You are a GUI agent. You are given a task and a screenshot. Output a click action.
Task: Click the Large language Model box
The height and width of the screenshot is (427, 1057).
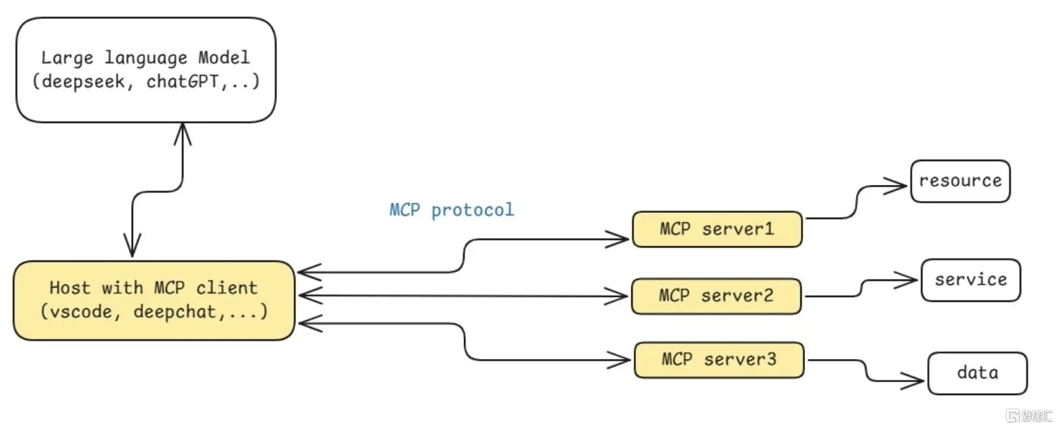tap(146, 70)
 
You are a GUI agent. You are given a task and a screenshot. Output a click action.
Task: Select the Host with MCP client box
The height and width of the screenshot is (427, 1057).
tap(154, 301)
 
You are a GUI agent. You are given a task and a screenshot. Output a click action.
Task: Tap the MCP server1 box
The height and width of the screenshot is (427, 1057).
tap(717, 229)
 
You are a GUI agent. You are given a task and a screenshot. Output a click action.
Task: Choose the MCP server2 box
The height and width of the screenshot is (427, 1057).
tap(716, 296)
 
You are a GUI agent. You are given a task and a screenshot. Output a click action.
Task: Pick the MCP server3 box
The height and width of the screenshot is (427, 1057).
tap(719, 360)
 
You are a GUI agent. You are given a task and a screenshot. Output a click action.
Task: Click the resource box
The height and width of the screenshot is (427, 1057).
tap(961, 182)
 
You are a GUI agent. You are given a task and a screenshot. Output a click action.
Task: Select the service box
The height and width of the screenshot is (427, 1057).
tap(971, 280)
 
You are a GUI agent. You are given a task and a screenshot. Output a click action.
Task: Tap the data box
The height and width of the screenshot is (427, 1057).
tap(978, 373)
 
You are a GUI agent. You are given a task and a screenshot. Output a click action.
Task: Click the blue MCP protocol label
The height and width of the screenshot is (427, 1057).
tap(452, 209)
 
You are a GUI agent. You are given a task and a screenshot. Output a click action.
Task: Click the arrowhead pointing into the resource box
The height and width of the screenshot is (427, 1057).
tap(895, 186)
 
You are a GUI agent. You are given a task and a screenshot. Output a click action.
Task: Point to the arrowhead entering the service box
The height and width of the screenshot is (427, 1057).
tap(906, 279)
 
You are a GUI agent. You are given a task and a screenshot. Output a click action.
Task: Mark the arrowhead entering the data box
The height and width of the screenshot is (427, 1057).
tap(912, 380)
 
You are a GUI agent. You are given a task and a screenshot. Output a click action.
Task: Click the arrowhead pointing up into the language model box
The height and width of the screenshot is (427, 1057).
tap(183, 134)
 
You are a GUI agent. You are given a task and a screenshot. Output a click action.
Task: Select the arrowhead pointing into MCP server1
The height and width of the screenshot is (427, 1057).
tap(617, 239)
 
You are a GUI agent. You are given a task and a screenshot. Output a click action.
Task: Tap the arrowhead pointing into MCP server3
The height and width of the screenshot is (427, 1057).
tap(619, 360)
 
